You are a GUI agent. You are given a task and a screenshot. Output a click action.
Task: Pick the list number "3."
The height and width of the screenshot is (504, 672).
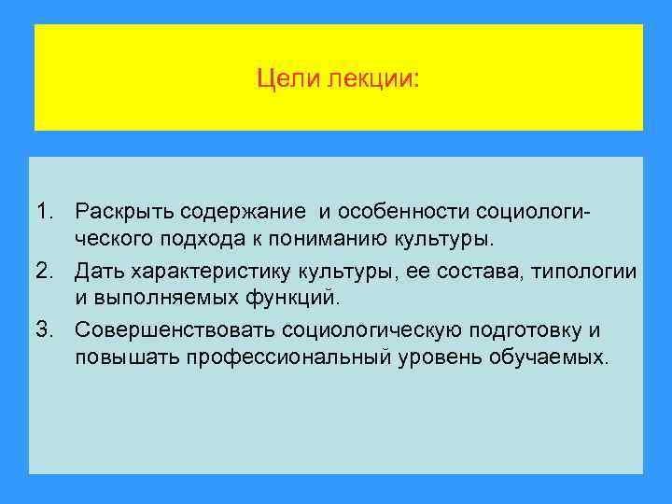46,329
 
